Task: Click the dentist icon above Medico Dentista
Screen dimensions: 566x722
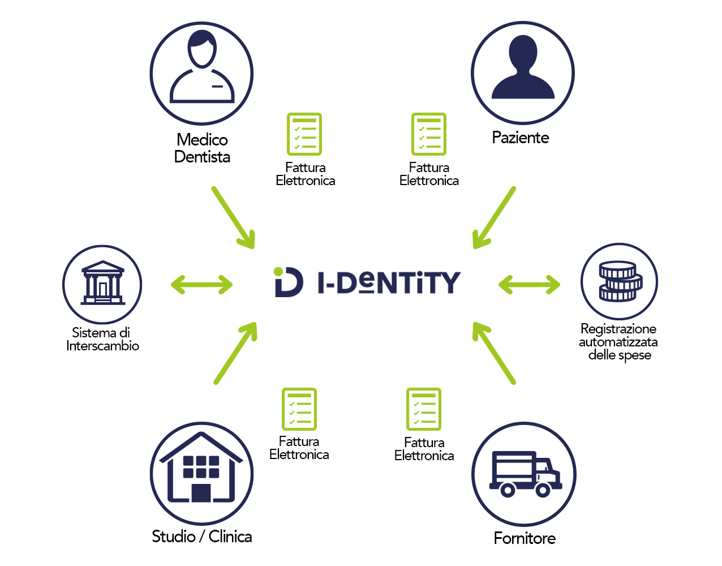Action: [201, 74]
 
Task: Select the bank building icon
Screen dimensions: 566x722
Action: [102, 284]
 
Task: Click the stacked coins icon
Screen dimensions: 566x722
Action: [619, 281]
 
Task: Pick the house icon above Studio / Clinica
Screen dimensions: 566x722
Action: [201, 473]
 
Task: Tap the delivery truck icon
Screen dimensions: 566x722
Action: [524, 474]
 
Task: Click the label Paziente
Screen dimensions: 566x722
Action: [521, 138]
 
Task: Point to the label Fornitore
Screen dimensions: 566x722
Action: [525, 538]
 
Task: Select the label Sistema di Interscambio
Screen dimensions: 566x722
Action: [102, 339]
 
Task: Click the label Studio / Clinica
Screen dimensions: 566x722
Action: [202, 536]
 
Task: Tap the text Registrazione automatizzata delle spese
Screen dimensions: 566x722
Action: [618, 342]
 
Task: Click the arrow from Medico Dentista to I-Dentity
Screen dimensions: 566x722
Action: [234, 218]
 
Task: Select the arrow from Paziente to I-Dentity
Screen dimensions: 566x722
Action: [494, 218]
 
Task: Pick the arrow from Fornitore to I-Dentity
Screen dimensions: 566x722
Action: [494, 353]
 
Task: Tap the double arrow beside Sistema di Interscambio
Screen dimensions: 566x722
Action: [201, 285]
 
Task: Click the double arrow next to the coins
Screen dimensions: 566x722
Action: [529, 285]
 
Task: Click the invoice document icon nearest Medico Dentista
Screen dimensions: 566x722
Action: [304, 134]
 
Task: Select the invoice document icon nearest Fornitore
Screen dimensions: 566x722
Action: [423, 409]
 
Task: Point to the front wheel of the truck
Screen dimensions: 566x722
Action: [543, 490]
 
